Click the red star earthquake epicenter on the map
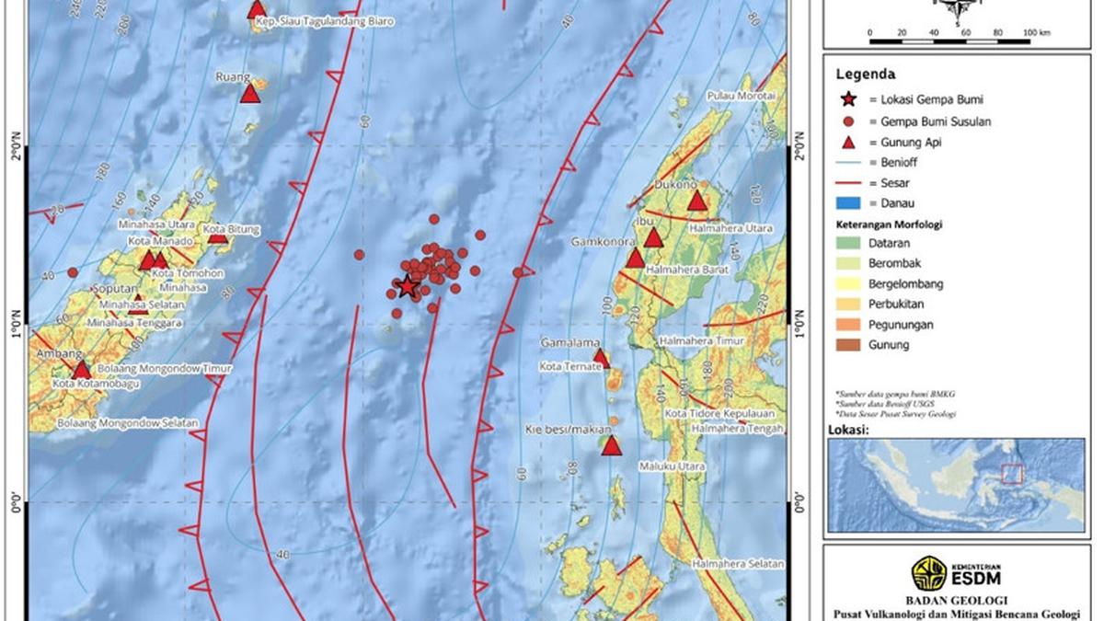(x=407, y=287)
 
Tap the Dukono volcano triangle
(x=696, y=201)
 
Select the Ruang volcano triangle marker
(x=250, y=94)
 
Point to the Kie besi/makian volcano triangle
(x=612, y=446)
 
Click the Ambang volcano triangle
(x=82, y=370)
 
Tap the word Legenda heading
(x=866, y=75)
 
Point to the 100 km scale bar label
(x=1037, y=33)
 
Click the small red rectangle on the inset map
(x=1012, y=474)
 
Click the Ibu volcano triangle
(x=653, y=238)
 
